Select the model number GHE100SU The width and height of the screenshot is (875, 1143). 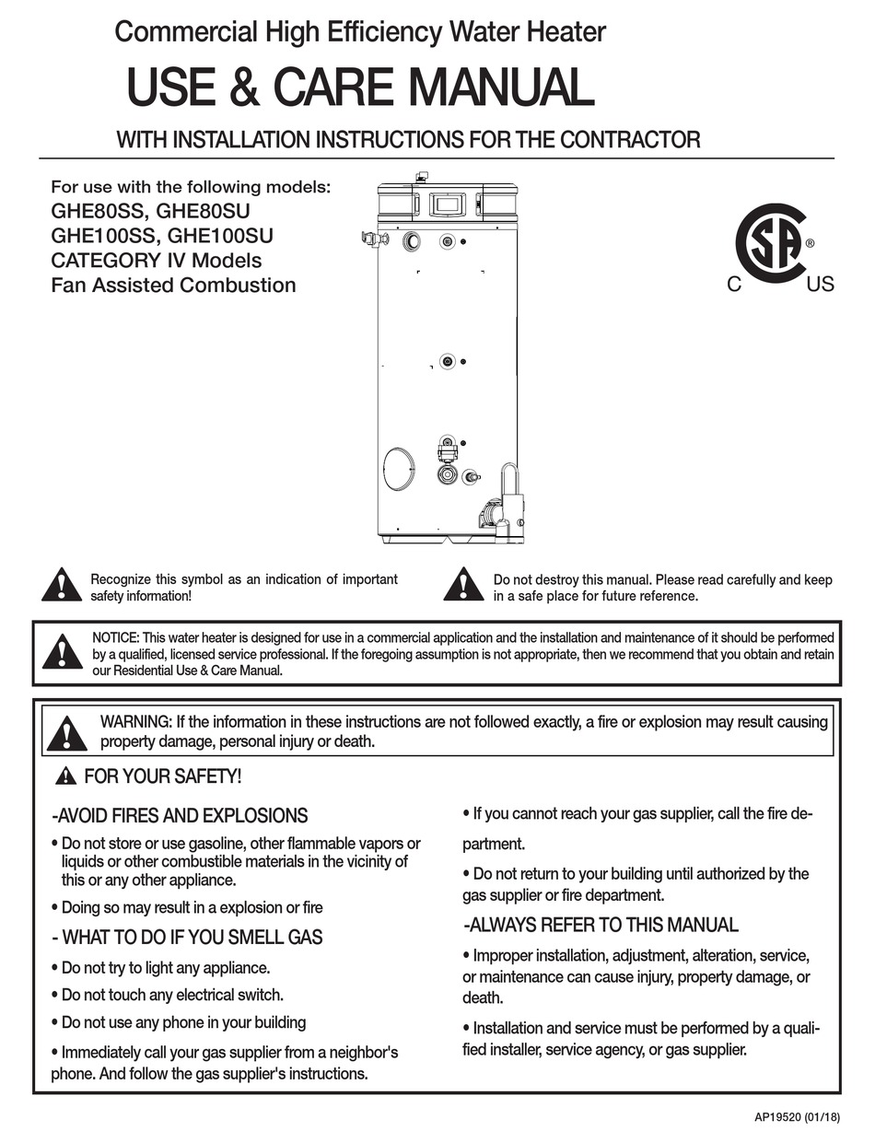[221, 235]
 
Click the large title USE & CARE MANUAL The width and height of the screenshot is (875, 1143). [360, 88]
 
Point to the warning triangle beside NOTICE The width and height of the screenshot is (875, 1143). [62, 651]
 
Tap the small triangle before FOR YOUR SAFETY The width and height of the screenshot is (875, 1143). [65, 776]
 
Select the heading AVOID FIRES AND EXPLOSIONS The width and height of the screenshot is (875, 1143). [180, 815]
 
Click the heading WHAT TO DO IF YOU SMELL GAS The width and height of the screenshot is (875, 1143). [186, 938]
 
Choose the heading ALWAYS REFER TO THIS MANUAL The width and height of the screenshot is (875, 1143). [601, 925]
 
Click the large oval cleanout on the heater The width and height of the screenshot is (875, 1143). [399, 468]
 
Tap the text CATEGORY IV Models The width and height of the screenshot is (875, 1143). [157, 260]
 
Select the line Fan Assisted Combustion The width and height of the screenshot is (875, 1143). [173, 285]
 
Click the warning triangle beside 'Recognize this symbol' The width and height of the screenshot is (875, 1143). [62, 586]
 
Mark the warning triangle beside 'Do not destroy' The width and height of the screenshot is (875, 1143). [463, 586]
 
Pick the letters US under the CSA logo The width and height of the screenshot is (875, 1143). [820, 285]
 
